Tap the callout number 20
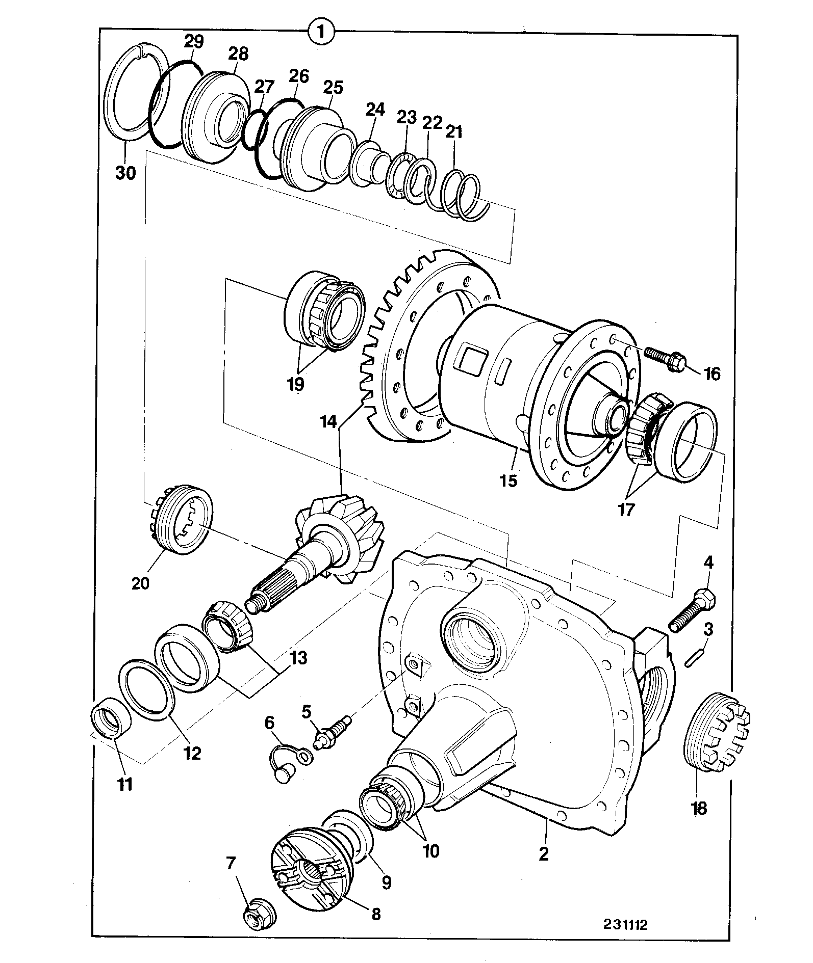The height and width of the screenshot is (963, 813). (140, 582)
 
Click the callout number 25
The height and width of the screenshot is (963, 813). (334, 87)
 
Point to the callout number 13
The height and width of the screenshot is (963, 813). (299, 658)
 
